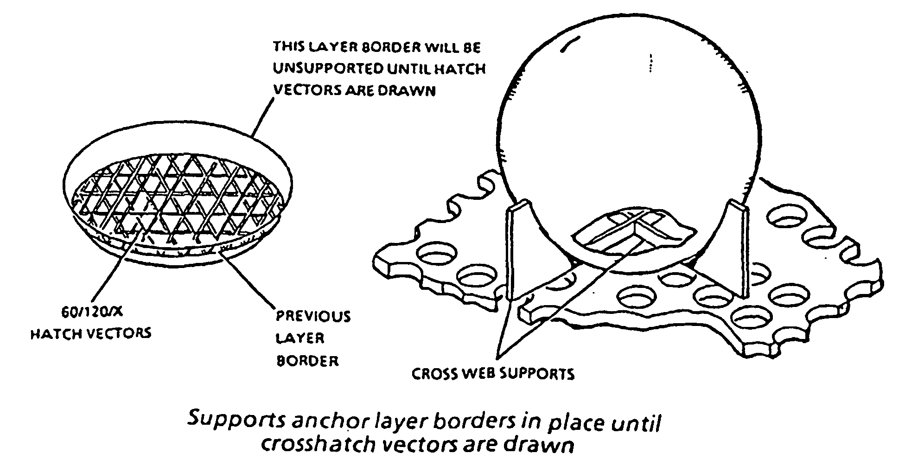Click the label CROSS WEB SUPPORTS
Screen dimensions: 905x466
click(493, 374)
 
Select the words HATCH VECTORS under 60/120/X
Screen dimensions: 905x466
click(91, 333)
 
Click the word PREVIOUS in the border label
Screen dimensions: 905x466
click(313, 317)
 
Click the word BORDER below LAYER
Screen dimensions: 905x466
click(307, 360)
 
